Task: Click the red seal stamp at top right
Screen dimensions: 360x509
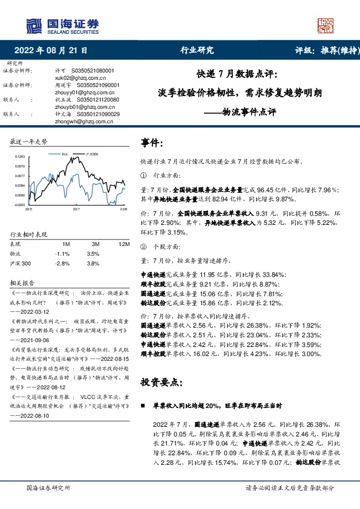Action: pyautogui.click(x=326, y=25)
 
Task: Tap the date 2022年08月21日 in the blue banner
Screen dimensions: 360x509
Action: pyautogui.click(x=50, y=51)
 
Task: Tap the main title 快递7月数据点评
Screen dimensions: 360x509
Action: pyautogui.click(x=237, y=75)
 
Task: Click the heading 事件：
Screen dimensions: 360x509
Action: pyautogui.click(x=152, y=143)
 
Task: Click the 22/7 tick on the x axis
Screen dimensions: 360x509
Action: pyautogui.click(x=76, y=209)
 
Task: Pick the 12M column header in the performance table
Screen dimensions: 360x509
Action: pyautogui.click(x=125, y=244)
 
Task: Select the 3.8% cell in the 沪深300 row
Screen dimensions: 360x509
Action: pyautogui.click(x=93, y=264)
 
